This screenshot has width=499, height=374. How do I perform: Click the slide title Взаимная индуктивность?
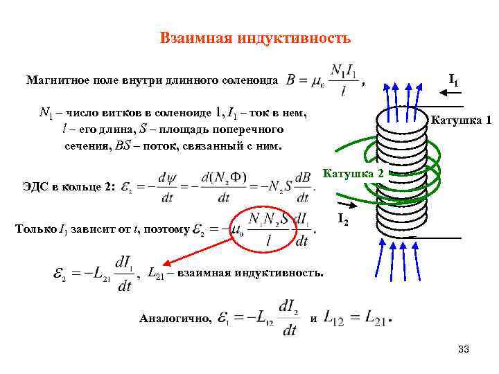coord(254,37)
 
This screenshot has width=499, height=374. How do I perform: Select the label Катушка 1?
coord(461,119)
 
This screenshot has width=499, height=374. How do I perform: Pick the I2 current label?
coord(342,220)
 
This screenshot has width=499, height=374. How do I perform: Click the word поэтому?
coord(167,229)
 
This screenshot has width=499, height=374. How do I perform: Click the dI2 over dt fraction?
coord(290,319)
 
